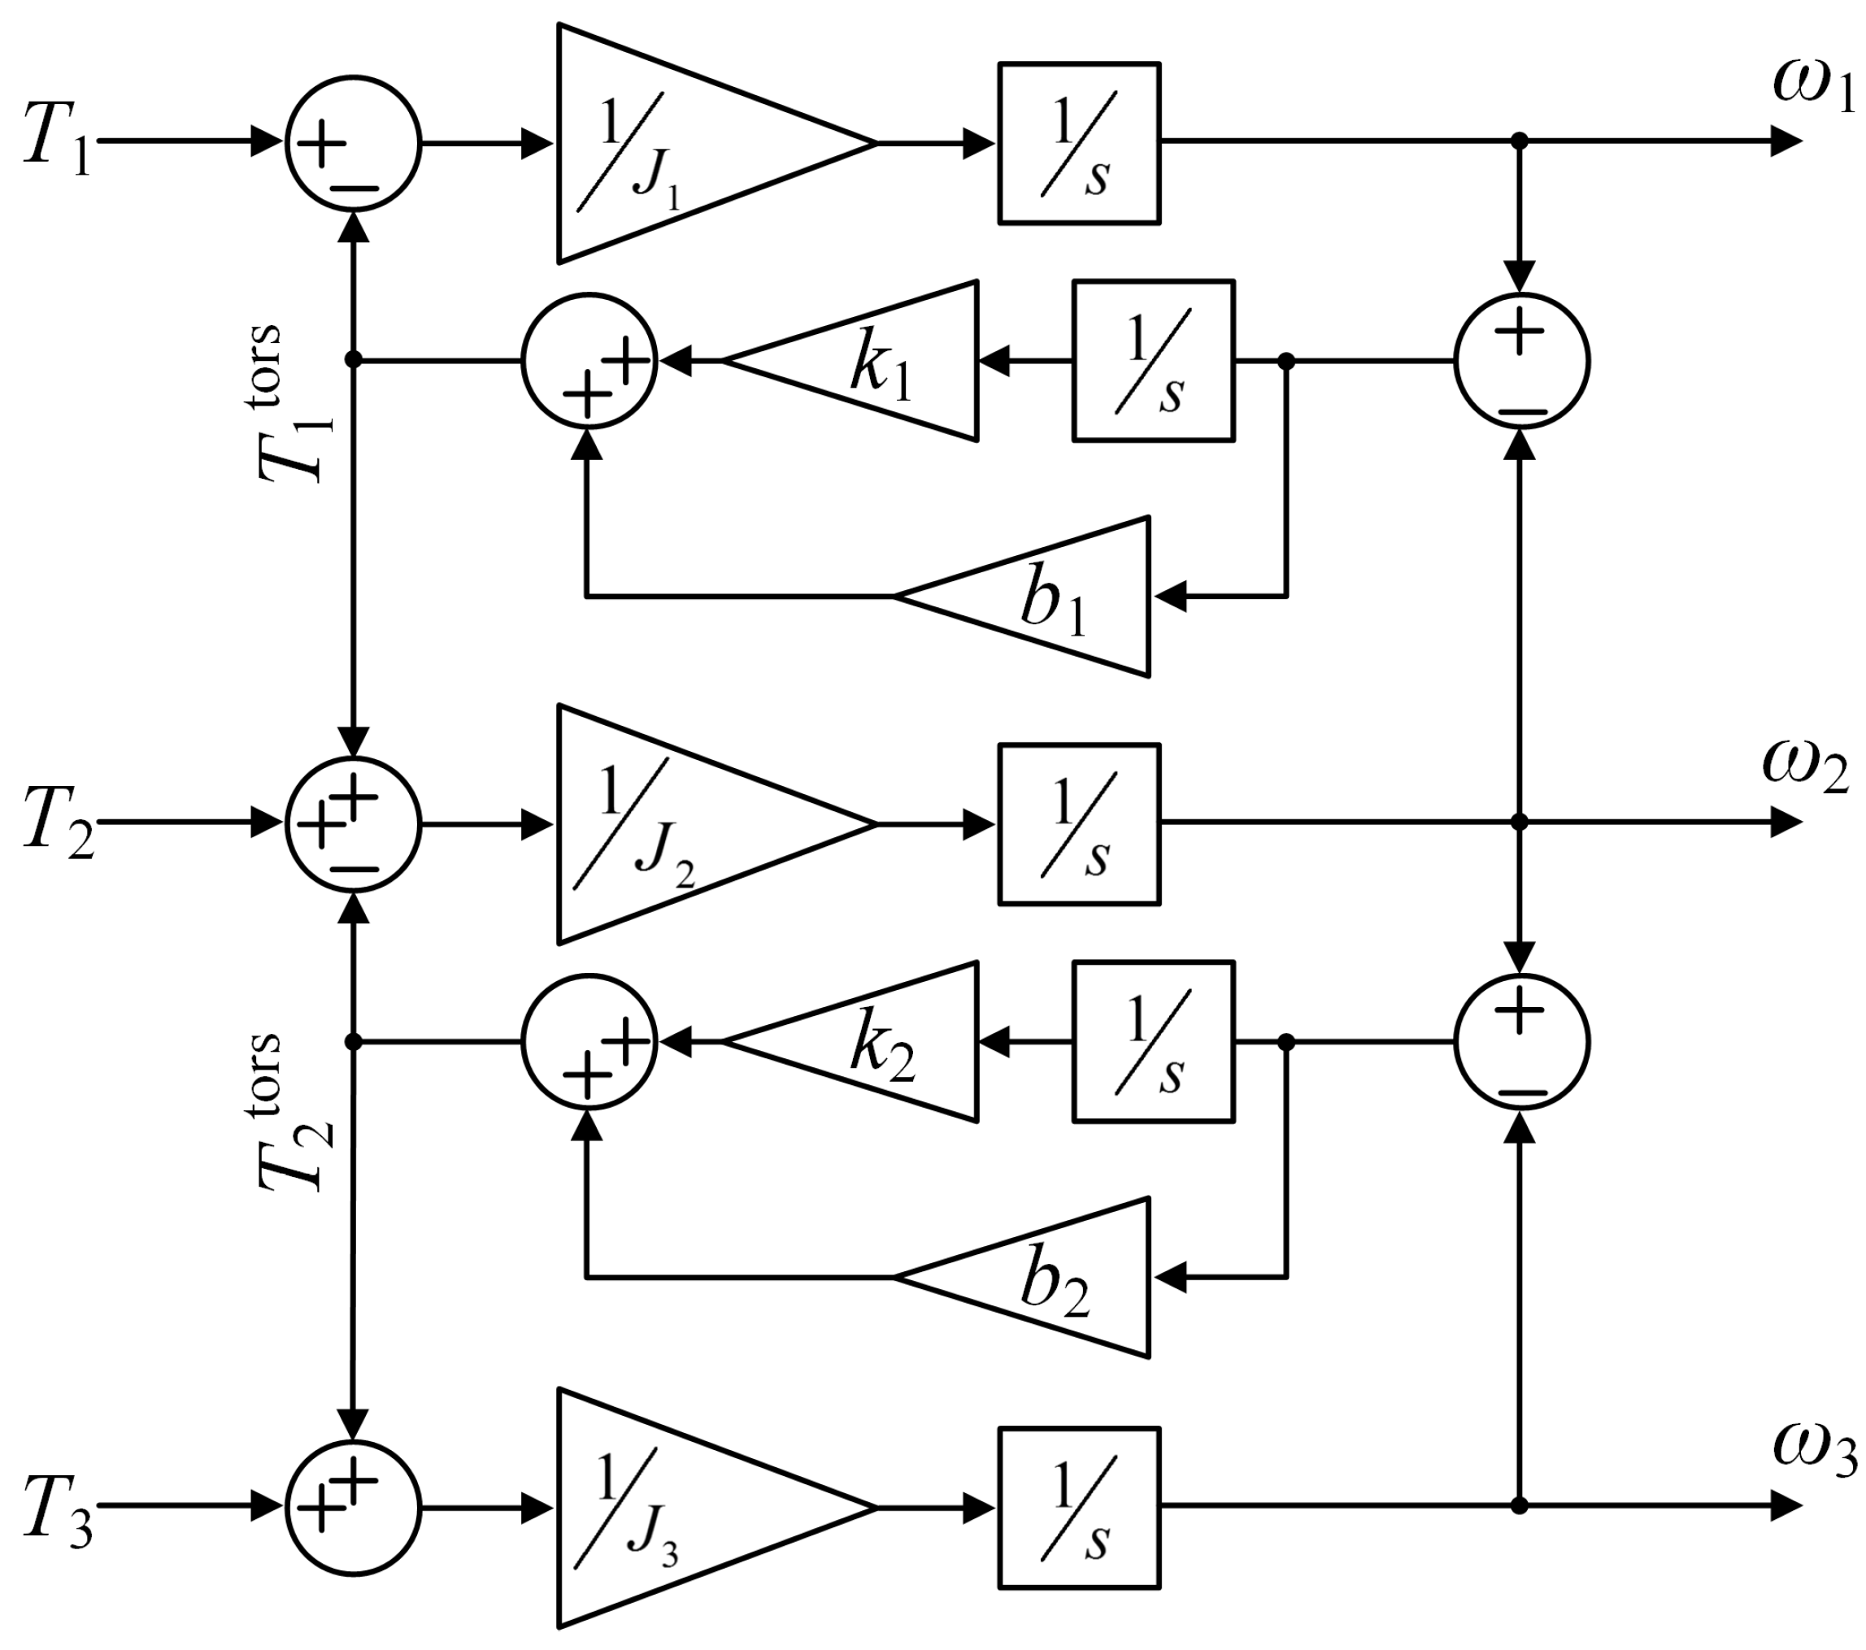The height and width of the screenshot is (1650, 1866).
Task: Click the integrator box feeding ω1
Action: (x=1079, y=143)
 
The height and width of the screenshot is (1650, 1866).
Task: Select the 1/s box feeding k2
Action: (x=1153, y=1041)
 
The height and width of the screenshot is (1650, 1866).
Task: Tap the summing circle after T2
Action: (x=354, y=824)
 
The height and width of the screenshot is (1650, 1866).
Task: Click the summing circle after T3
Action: (x=354, y=1508)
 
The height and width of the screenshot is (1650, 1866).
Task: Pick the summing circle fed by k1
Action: (x=589, y=362)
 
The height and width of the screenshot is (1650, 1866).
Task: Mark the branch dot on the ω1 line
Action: (x=1519, y=141)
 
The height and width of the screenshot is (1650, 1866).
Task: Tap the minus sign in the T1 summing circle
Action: (x=354, y=189)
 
